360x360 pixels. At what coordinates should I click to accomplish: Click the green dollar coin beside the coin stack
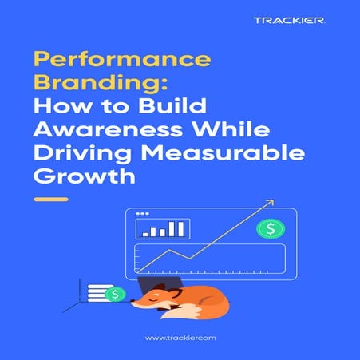coord(117,294)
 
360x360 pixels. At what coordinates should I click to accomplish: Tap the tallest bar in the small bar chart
coord(181,229)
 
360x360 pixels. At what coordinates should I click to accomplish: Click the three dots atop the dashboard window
coord(143,214)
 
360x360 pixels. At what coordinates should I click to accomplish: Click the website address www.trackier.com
coord(180,338)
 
